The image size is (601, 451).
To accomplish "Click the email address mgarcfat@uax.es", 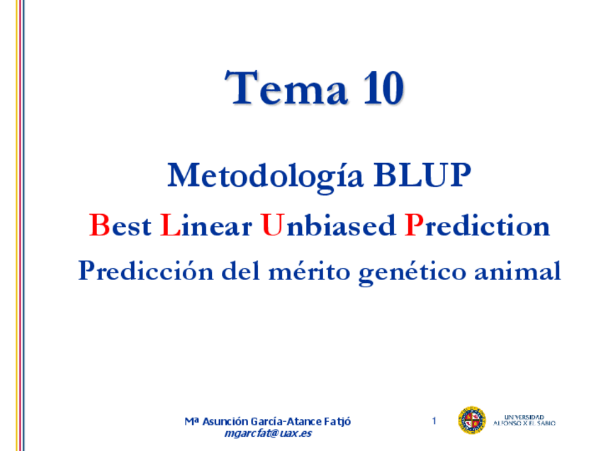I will pyautogui.click(x=267, y=434).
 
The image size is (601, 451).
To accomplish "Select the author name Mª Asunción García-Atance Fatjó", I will pyautogui.click(x=267, y=422).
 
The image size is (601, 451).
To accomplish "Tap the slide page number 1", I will pyautogui.click(x=434, y=422).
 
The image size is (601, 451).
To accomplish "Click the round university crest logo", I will pyautogui.click(x=471, y=421).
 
